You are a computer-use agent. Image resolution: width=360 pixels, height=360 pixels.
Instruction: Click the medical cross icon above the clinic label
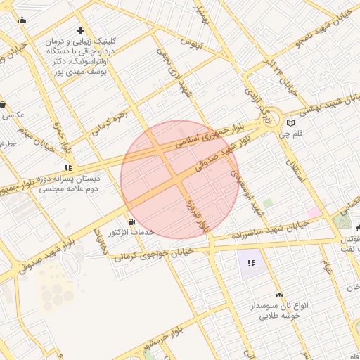tap(80, 31)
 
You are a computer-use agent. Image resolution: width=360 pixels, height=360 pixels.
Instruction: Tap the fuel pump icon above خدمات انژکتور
tap(132, 221)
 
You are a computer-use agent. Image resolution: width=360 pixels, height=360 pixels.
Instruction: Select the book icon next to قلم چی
tap(291, 124)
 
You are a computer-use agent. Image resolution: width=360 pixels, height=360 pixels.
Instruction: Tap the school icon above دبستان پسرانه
tap(68, 167)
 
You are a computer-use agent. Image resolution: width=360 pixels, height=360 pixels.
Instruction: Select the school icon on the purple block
tap(251, 264)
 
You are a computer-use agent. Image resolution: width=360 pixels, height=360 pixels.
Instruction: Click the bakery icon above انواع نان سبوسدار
tap(280, 295)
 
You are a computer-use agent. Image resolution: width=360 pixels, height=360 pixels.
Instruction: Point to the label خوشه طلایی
tap(281, 316)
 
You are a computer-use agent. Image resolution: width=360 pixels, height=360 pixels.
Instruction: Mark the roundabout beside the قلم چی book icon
tap(272, 120)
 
